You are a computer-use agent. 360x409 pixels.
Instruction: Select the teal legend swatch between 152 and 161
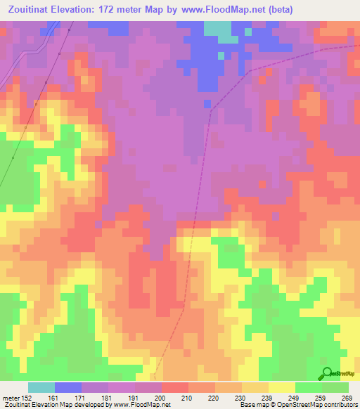tap(41, 387)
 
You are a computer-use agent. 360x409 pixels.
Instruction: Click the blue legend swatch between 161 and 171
tap(68, 387)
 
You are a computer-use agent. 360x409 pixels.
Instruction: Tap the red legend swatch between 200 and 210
tap(175, 387)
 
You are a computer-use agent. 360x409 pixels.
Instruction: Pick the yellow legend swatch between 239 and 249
tap(282, 387)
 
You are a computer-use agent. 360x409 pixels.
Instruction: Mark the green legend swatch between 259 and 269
tap(335, 387)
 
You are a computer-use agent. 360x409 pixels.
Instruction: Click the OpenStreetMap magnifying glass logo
tap(328, 374)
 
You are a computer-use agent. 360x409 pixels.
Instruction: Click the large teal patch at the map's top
tap(217, 29)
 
